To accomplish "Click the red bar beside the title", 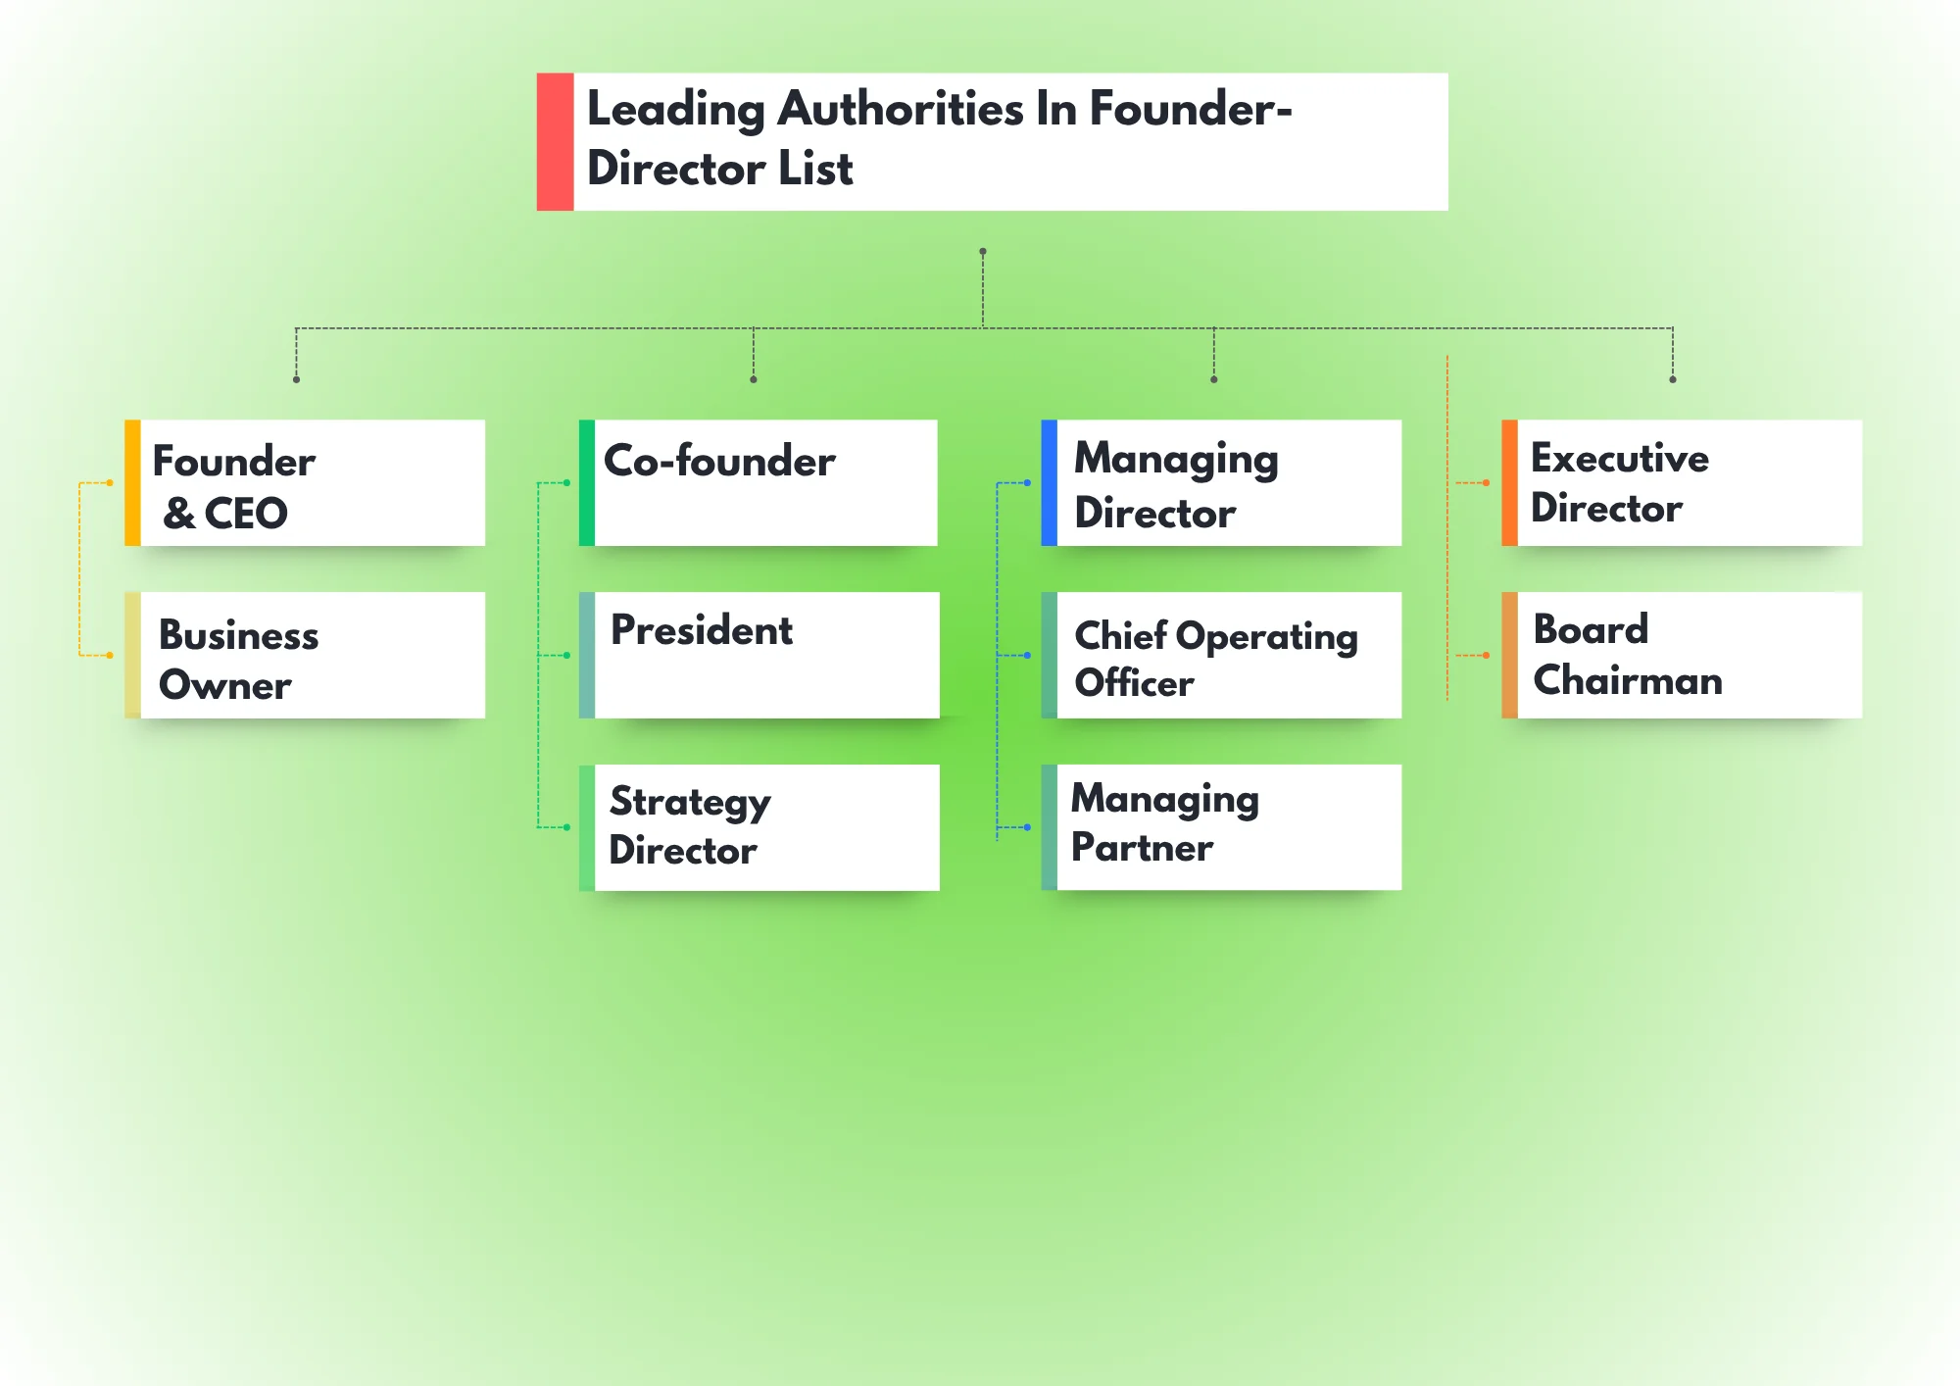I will [555, 141].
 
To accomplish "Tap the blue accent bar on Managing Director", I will [1049, 482].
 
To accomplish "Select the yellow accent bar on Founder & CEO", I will [132, 482].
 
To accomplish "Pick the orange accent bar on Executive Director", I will [1509, 482].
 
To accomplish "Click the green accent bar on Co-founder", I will [587, 482].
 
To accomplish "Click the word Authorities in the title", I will [900, 109].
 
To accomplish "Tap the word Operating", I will [1266, 637].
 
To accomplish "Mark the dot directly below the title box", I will [983, 252].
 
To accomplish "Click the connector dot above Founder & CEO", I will [296, 379].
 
